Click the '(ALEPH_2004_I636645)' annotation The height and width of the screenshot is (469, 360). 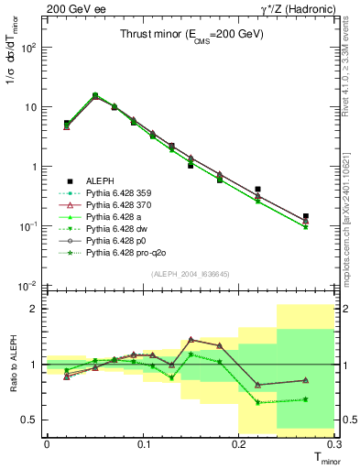pos(190,273)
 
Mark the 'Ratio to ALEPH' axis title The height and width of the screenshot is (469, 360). pos(14,363)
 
